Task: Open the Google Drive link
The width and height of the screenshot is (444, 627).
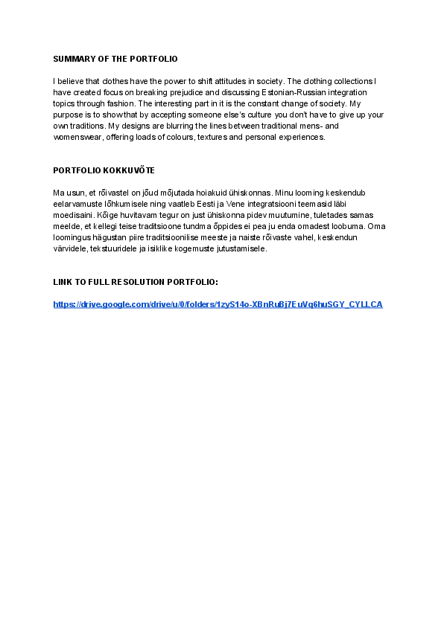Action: coord(218,304)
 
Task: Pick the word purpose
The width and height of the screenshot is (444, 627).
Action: coord(67,115)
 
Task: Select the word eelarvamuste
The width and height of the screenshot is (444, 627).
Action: coord(76,205)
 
